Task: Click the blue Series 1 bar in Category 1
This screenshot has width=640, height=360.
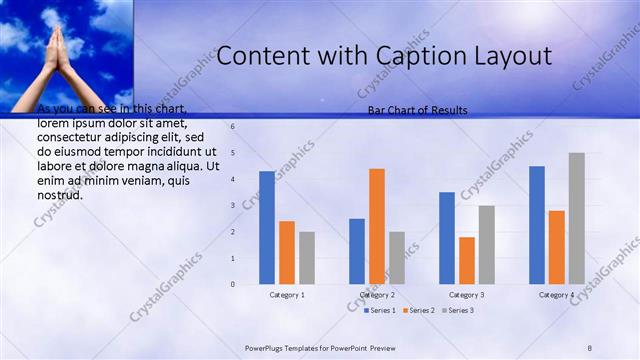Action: [x=267, y=228]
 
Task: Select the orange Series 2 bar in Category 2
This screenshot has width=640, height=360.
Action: [x=377, y=226]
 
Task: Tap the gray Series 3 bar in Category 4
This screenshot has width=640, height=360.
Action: [x=577, y=218]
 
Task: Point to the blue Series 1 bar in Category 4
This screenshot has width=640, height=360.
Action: [x=537, y=225]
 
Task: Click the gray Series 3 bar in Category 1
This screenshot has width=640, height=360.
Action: [x=307, y=258]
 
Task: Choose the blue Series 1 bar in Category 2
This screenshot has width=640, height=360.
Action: [x=357, y=251]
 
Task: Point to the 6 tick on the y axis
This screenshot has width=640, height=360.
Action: [x=232, y=127]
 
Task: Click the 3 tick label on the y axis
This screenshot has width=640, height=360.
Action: [x=232, y=206]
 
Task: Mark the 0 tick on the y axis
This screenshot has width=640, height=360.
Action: [x=232, y=284]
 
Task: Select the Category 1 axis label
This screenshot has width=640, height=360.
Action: [x=287, y=295]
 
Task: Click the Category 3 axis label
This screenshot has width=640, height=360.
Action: [x=467, y=295]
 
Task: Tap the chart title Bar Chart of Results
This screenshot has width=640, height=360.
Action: [x=417, y=110]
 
